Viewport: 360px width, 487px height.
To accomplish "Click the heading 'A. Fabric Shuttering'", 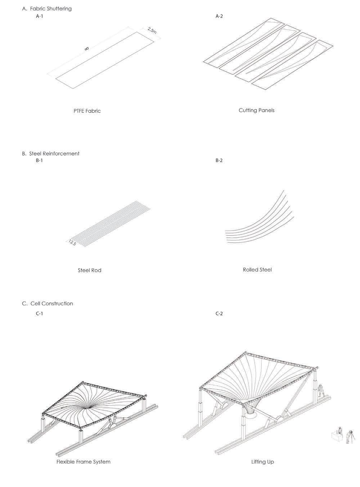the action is (x=47, y=8).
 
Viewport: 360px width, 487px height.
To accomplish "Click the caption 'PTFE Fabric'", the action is (x=87, y=111).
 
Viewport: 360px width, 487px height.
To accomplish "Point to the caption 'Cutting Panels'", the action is (x=256, y=110).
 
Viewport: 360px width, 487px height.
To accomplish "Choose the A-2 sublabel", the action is (x=219, y=16).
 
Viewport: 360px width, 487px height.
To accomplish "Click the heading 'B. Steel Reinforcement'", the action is (x=50, y=153).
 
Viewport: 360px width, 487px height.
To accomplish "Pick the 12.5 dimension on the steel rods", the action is (x=72, y=243).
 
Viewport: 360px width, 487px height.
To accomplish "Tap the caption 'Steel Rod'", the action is (x=89, y=270).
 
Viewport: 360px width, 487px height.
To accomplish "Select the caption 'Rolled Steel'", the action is (x=257, y=269).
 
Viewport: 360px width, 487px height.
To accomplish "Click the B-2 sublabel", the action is (x=219, y=160).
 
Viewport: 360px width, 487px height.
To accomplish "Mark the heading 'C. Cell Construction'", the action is (x=47, y=304).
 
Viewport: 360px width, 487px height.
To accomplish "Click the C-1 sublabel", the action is (x=39, y=313).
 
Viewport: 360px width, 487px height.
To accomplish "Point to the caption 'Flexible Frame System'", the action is (x=83, y=461).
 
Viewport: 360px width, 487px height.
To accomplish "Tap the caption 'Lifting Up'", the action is (x=262, y=461).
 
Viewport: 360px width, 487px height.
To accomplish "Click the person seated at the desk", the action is (x=338, y=432).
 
